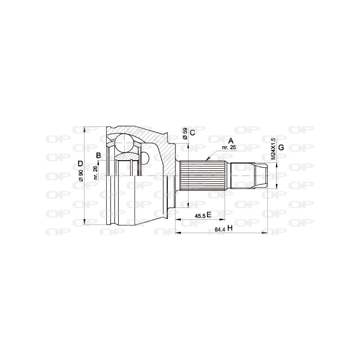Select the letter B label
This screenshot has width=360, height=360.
point(98,156)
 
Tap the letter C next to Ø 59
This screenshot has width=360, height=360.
point(192,132)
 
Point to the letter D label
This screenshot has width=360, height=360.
point(80,163)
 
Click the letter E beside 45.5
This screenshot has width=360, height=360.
point(209,215)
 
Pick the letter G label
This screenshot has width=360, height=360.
point(281,148)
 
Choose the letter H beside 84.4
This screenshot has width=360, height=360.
point(229,228)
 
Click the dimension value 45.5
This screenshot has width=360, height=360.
point(200,216)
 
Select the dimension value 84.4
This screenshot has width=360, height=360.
point(220,229)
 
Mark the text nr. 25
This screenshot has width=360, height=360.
point(229,147)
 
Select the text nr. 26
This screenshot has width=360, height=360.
point(95,172)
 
